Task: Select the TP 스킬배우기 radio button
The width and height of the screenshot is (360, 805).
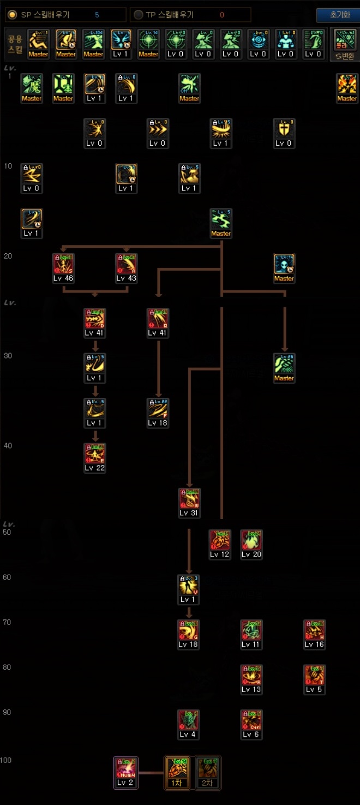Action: [x=139, y=15]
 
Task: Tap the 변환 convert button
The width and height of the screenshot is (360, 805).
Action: [x=345, y=43]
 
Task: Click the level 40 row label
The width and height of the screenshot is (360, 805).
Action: [x=8, y=445]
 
